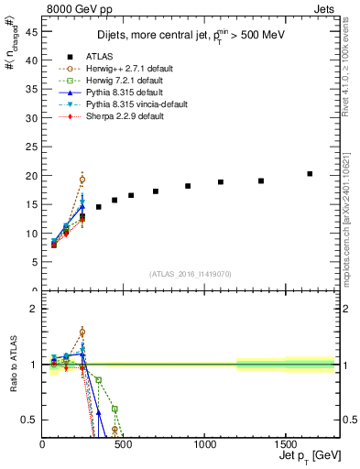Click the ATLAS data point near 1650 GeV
point(310,174)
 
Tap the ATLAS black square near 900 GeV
point(188,186)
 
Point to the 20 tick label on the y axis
point(31,176)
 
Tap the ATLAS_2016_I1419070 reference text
point(191,274)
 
